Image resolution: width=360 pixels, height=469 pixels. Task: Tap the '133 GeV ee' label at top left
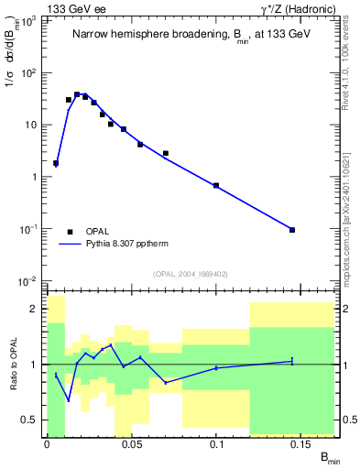(x=73, y=9)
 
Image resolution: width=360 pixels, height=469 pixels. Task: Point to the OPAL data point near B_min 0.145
(x=292, y=230)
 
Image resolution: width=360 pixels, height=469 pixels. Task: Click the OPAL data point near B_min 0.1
(x=216, y=186)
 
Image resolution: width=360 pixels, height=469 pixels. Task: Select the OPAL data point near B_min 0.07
(x=166, y=153)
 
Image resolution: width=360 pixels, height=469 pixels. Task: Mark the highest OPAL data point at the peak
(x=77, y=94)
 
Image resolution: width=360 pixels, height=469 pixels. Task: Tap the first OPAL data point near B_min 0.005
(x=56, y=163)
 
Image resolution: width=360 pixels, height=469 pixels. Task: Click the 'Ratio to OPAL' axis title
(x=13, y=365)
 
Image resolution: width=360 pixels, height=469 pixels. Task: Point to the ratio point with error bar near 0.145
(x=292, y=362)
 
